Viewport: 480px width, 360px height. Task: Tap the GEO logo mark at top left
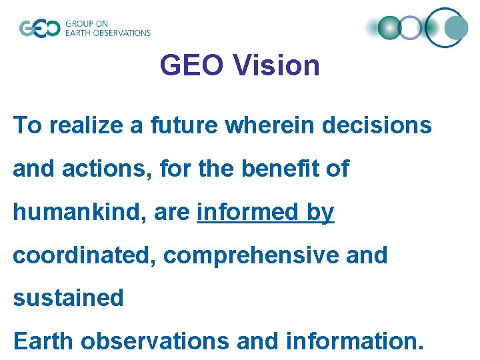(x=40, y=29)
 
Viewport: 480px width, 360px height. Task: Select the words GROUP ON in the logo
(x=87, y=23)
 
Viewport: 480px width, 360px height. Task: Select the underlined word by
(x=320, y=213)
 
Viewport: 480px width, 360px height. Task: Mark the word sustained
(x=69, y=297)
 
